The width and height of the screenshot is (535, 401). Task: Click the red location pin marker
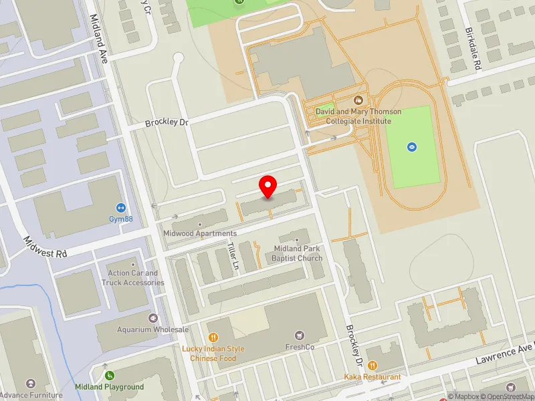(x=268, y=186)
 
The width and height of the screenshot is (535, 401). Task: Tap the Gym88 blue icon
(x=121, y=208)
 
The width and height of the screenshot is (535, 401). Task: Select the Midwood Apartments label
(x=200, y=233)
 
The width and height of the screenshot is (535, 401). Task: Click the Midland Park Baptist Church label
(x=298, y=253)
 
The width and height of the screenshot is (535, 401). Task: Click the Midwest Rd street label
(x=45, y=246)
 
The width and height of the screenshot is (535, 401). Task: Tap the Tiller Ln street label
(x=233, y=255)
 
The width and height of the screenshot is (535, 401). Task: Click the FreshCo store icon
(x=300, y=336)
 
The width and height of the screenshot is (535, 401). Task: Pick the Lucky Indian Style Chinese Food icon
(x=213, y=338)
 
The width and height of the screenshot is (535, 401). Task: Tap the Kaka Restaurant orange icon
(x=372, y=366)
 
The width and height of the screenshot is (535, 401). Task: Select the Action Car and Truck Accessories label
(x=133, y=277)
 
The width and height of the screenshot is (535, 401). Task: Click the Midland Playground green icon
(x=110, y=376)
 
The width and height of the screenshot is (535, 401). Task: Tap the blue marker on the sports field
(x=412, y=146)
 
